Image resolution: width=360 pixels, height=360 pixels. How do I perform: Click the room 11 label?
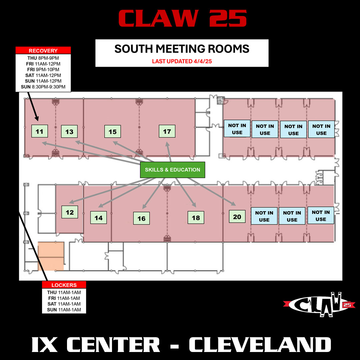pos(39,131)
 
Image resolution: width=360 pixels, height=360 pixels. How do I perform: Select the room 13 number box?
pos(69,132)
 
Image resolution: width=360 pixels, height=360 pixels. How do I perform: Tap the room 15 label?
pos(113,132)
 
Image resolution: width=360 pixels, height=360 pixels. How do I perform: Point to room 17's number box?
pos(167,131)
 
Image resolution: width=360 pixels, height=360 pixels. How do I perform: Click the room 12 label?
pos(70,212)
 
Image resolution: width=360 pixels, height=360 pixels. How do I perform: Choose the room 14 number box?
pos(99,218)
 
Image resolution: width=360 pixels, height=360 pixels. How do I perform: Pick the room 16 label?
pos(141,218)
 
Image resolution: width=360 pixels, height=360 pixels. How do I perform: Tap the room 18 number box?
pos(196,218)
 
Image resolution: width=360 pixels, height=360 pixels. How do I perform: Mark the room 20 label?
pos(237,217)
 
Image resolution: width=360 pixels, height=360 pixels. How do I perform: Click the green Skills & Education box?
pos(172,170)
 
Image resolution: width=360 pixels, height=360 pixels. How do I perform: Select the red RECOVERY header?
pos(43,51)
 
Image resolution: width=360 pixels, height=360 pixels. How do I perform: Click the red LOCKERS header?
pos(64,285)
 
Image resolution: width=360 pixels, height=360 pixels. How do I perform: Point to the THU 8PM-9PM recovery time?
pos(43,58)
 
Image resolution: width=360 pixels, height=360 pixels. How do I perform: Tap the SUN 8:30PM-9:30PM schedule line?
pos(43,87)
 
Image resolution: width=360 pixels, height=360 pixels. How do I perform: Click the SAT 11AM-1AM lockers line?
pos(64,304)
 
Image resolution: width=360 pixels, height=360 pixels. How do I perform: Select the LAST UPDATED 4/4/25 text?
pos(182,61)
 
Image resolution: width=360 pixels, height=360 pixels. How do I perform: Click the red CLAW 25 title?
pos(182,19)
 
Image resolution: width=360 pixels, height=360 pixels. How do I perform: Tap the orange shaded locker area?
pos(51,256)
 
